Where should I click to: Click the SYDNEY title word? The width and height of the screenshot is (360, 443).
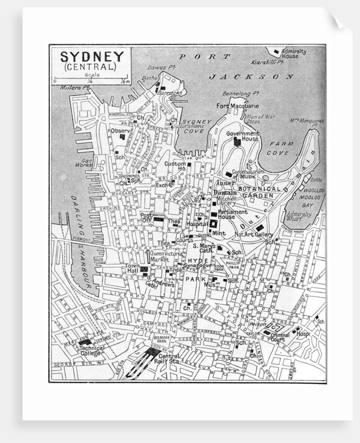pyautogui.click(x=91, y=56)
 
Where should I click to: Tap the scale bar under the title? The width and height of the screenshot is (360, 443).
pyautogui.click(x=91, y=79)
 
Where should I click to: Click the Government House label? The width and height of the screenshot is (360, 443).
pyautogui.click(x=243, y=136)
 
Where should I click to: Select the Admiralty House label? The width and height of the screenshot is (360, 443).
pyautogui.click(x=293, y=54)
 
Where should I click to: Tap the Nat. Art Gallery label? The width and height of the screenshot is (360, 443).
pyautogui.click(x=253, y=235)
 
